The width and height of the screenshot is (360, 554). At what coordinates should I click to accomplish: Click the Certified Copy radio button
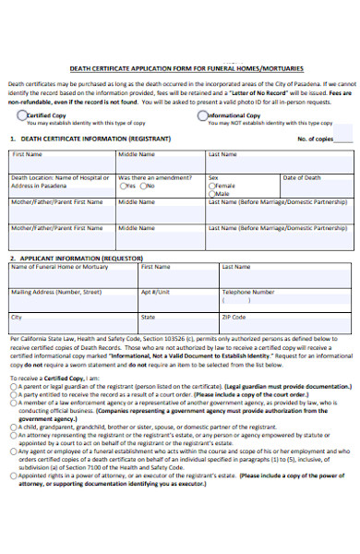pos(21,115)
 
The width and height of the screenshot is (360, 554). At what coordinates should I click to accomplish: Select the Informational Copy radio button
pos(202,115)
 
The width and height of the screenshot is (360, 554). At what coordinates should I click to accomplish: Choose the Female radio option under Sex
pos(211,186)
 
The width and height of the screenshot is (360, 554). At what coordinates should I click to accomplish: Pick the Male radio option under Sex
pos(211,194)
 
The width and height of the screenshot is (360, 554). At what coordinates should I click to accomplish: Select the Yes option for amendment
pos(123,186)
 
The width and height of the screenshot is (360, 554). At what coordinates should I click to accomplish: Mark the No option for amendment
pos(151,186)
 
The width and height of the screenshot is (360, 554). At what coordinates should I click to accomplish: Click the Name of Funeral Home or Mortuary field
pos(73,277)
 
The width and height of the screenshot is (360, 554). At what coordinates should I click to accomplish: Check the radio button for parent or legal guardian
pos(13,386)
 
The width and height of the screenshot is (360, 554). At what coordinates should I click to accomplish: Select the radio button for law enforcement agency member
pos(13,403)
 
